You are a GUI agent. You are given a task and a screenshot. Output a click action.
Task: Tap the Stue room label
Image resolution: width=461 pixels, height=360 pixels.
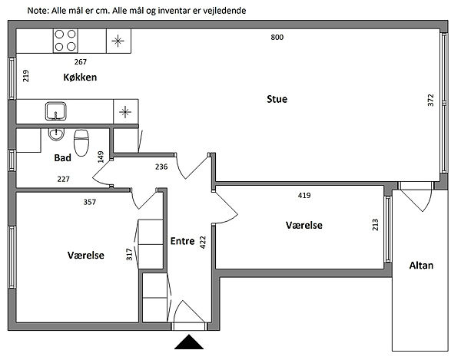point(277,99)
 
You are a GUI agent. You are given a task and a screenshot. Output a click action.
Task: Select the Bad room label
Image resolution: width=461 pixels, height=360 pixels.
point(63,158)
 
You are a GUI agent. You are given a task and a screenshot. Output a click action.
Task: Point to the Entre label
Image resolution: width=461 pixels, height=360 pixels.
point(182,241)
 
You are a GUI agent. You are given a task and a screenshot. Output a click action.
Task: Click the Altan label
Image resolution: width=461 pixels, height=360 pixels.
point(421,266)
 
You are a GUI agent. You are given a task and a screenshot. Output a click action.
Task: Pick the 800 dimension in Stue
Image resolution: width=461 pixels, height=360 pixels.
point(277,38)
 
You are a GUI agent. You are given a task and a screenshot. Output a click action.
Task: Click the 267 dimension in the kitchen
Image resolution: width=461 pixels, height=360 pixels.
point(80,61)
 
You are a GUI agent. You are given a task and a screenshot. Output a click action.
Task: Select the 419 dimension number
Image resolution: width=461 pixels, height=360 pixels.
point(304,196)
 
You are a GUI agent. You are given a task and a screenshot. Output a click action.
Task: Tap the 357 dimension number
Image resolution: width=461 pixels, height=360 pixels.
point(90,203)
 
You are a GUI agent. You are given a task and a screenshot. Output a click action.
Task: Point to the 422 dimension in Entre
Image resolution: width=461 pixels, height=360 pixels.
point(203,243)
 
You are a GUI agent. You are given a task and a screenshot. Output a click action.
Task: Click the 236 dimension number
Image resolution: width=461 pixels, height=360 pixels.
point(161,167)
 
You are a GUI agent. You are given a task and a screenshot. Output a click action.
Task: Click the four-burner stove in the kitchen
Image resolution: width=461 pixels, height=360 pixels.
point(65,38)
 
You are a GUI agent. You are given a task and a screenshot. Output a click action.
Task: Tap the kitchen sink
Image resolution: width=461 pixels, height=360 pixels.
point(55,111)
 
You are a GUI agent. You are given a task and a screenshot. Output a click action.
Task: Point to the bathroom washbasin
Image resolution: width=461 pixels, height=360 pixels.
point(55,134)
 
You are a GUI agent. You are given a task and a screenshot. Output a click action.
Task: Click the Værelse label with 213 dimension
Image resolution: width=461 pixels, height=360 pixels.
point(303,226)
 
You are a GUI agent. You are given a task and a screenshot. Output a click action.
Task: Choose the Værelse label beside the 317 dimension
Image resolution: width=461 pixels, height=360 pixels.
point(85,255)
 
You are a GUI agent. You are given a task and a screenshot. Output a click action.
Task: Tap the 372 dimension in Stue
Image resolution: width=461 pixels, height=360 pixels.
point(431,101)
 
